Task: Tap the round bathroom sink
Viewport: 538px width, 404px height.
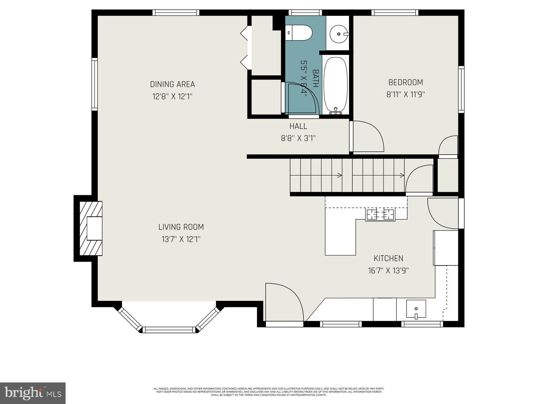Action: (338, 34)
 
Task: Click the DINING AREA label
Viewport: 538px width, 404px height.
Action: (172, 84)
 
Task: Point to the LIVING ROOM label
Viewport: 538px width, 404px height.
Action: (181, 227)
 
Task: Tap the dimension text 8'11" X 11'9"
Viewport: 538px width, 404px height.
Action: (406, 95)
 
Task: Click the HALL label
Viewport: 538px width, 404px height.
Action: (298, 126)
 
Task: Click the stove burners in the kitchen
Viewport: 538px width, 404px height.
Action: (380, 214)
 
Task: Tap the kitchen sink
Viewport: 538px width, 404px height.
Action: (416, 308)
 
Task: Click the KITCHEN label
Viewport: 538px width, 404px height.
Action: (388, 258)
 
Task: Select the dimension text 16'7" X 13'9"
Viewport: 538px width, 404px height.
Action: (388, 270)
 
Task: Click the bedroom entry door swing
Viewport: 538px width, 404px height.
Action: (367, 136)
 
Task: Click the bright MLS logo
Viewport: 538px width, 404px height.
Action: (33, 393)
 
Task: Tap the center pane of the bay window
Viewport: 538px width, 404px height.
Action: (169, 330)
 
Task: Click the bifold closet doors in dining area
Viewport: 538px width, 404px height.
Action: (245, 47)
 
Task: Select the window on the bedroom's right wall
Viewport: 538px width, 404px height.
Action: (461, 89)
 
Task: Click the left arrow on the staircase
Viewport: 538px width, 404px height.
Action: (340, 175)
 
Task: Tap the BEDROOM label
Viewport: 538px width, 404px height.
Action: (406, 82)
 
